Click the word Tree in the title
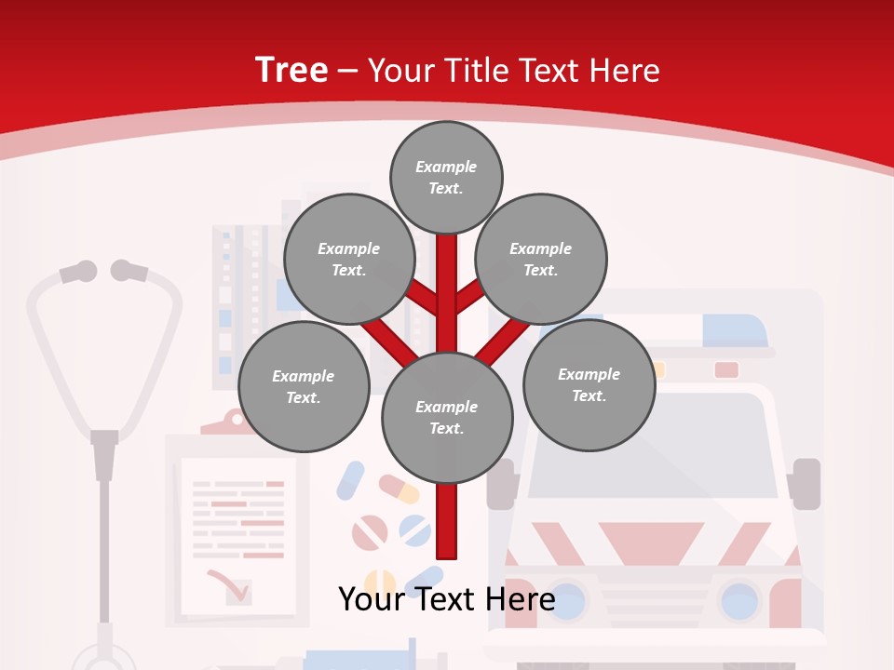tap(291, 70)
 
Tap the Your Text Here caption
tap(446, 599)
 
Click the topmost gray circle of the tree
tap(446, 177)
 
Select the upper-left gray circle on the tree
tap(349, 259)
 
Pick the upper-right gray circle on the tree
tap(541, 259)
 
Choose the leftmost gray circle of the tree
tap(304, 386)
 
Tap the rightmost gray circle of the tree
tap(589, 384)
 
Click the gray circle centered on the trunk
tap(447, 417)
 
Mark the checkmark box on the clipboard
tap(238, 591)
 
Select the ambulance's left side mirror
tap(501, 484)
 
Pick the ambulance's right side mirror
tap(806, 483)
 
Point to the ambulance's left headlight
tap(564, 600)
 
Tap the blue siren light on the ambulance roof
tap(734, 330)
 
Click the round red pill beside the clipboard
tap(370, 533)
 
